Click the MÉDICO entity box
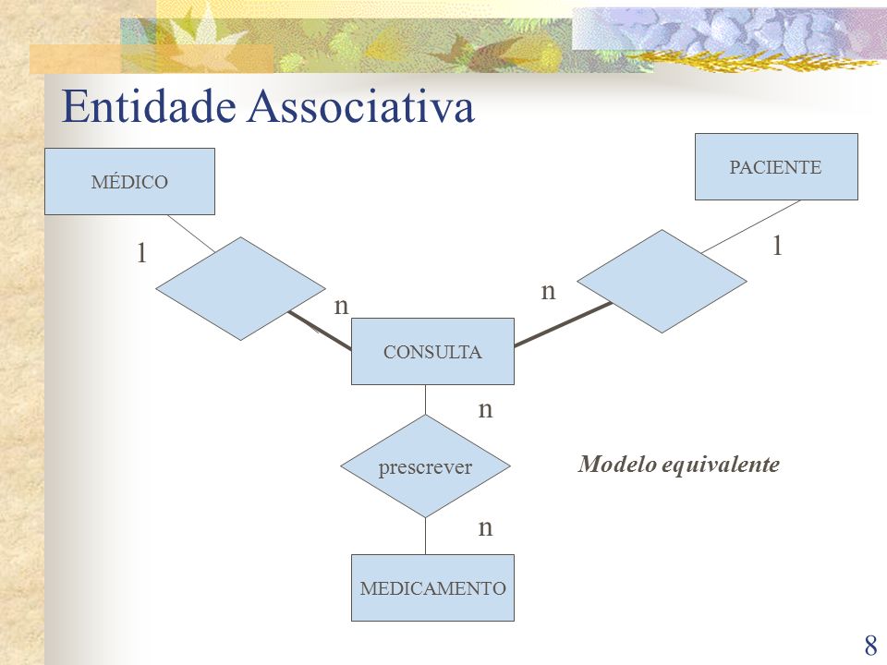[129, 182]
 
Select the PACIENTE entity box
[776, 167]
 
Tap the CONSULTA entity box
[432, 351]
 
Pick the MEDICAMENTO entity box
[432, 587]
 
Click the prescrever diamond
[425, 465]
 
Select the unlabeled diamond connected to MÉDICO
[240, 288]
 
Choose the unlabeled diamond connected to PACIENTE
[662, 281]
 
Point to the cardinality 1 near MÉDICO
[142, 252]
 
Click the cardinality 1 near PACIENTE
[778, 246]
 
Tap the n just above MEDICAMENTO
[485, 527]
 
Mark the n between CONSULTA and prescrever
[485, 409]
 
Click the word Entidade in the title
[149, 105]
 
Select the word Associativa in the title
[361, 105]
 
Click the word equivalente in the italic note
[721, 465]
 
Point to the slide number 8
[870, 645]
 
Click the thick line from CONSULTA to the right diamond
[564, 324]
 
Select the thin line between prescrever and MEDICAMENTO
[425, 536]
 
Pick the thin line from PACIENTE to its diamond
[751, 226]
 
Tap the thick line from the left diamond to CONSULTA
[321, 331]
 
